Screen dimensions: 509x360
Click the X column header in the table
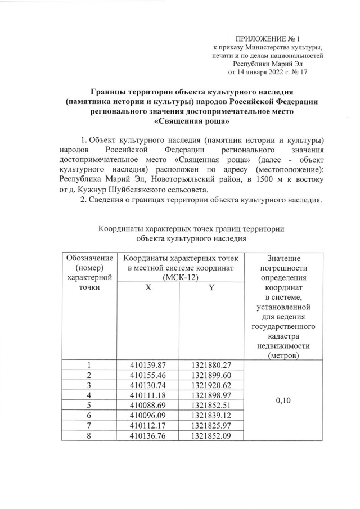pos(148,287)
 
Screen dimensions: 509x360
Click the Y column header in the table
pos(211,287)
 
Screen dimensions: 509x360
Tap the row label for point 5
pos(89,405)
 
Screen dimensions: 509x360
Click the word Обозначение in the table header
pos(89,258)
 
